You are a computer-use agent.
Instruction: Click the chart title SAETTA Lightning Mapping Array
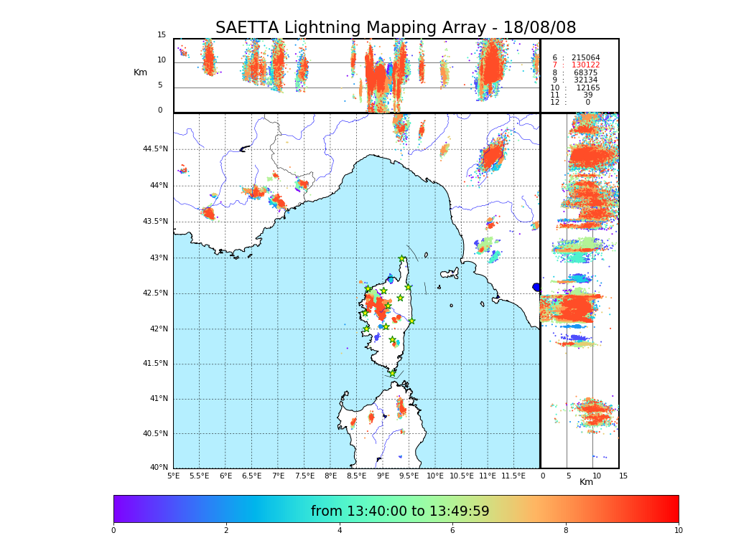point(396,28)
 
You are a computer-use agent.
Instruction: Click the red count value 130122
point(585,65)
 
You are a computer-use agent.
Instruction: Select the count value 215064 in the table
point(585,57)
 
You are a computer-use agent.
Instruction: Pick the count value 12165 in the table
point(587,88)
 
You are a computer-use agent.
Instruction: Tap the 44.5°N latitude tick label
point(155,149)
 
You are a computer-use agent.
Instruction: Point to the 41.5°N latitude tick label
point(155,364)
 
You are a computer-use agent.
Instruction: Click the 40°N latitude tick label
point(158,468)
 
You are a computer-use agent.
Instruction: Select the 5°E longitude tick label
point(173,476)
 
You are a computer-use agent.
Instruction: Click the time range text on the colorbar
point(400,511)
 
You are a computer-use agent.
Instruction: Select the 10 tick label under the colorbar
point(678,531)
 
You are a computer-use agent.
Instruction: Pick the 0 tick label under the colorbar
point(113,531)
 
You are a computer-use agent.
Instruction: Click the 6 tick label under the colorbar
point(452,531)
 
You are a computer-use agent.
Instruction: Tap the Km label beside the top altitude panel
point(140,72)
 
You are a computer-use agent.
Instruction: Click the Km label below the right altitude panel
point(586,482)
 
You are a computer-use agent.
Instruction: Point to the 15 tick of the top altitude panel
point(162,35)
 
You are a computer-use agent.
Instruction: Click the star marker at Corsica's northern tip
point(402,259)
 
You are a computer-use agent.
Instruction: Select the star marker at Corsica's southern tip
point(392,373)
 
